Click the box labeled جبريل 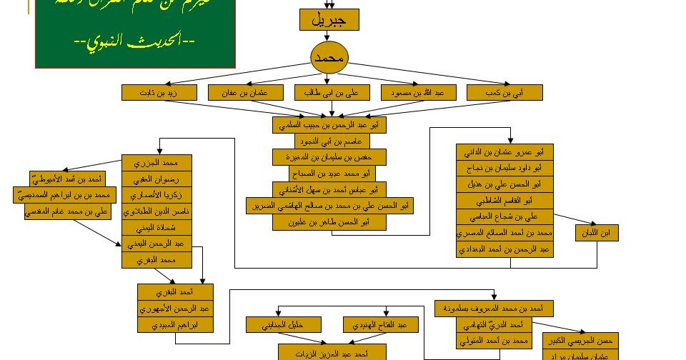click(x=329, y=20)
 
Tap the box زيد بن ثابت click(x=159, y=92)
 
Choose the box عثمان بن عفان click(x=246, y=92)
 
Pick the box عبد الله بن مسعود click(x=417, y=92)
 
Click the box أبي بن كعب click(x=504, y=92)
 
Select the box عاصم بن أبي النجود click(x=329, y=141)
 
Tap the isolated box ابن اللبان click(x=598, y=233)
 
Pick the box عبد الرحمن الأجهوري click(x=175, y=309)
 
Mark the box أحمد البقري click(x=175, y=292)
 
